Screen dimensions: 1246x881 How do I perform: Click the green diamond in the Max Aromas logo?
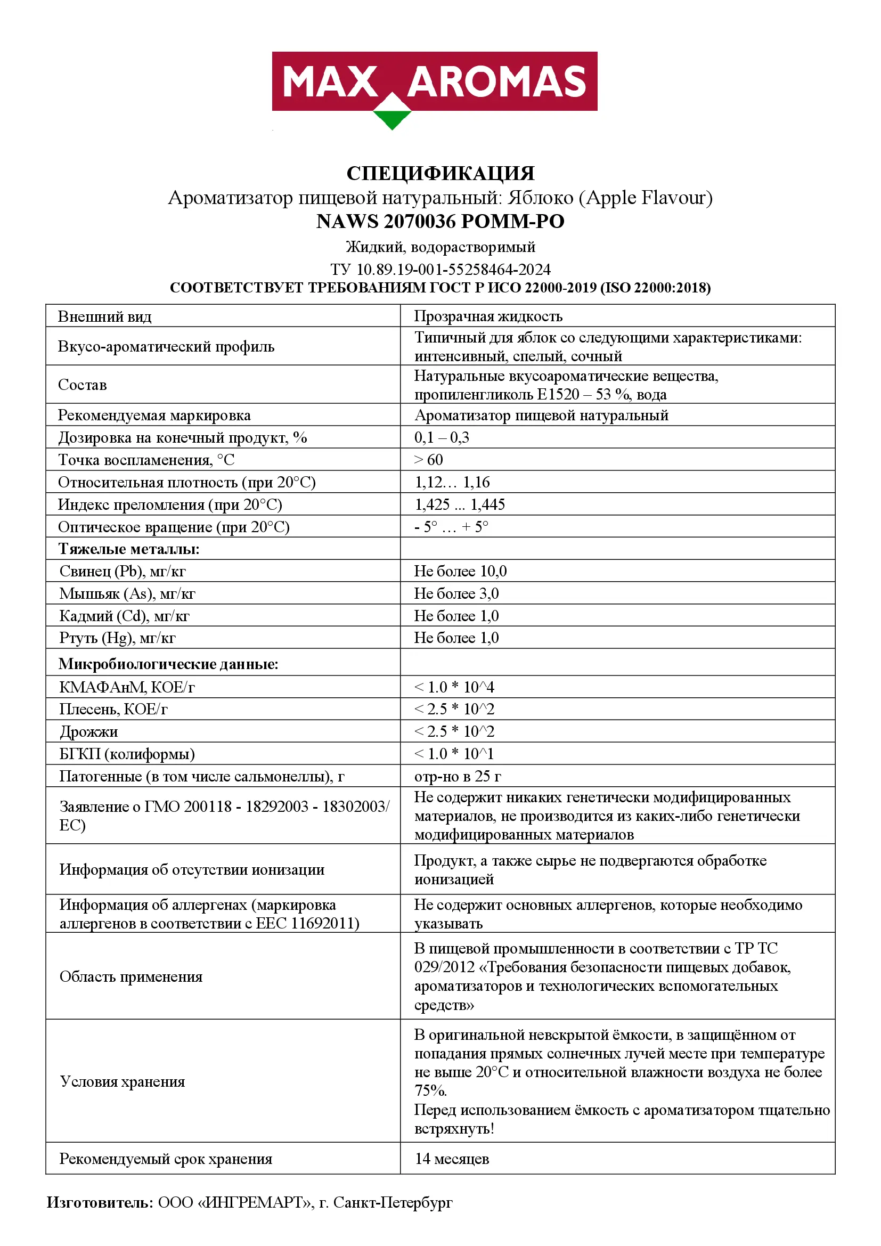[391, 118]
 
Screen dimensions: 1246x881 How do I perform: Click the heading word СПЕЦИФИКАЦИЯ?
[440, 174]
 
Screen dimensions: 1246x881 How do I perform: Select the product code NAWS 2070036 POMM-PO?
[440, 222]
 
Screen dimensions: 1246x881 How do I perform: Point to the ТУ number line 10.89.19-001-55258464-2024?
[440, 269]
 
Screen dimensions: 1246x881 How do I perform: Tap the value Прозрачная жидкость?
[488, 316]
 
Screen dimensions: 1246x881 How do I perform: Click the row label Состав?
[83, 385]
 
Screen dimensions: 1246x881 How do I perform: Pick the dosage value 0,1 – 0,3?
[442, 437]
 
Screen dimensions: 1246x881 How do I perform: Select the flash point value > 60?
[429, 460]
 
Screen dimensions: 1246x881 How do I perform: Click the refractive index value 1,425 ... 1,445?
[460, 504]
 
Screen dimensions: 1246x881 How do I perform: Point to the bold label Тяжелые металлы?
[129, 549]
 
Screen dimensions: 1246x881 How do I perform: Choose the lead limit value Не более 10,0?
[460, 571]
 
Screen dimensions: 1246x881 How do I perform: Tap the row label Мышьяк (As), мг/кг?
[127, 593]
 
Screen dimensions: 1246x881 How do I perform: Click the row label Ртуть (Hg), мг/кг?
[117, 638]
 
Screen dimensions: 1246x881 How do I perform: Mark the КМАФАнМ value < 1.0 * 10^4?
[454, 688]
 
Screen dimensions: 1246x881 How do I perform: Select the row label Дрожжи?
[88, 732]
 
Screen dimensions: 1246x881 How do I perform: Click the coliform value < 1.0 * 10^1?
[454, 754]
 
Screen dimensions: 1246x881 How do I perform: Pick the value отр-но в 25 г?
[458, 777]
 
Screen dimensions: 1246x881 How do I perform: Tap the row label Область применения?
[130, 977]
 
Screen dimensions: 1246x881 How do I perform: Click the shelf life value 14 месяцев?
[452, 1159]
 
